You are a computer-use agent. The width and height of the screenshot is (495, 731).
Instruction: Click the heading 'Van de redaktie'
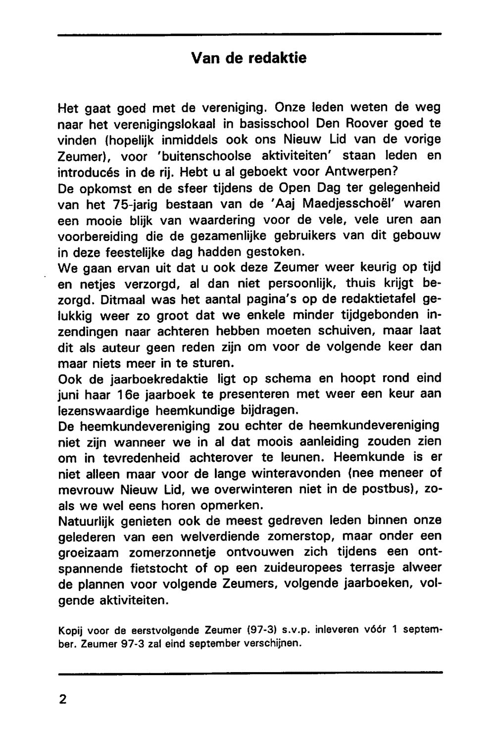[248, 58]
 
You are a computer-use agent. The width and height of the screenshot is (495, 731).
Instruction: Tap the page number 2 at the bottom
[62, 699]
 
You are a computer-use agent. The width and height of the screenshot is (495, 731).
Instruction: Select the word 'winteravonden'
[295, 474]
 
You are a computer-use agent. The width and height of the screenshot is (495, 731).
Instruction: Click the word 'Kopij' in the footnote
[70, 632]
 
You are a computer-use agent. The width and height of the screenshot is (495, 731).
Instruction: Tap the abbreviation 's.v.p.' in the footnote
[289, 632]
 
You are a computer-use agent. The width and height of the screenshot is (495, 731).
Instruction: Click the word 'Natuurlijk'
[92, 522]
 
